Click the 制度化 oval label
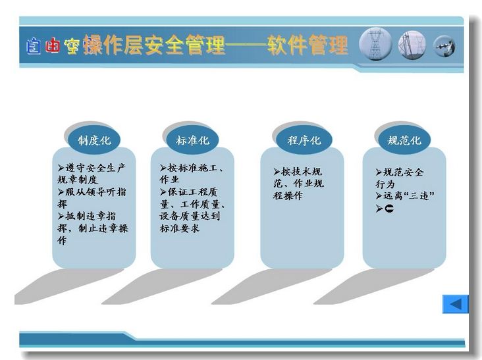(94, 140)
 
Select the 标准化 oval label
(192, 140)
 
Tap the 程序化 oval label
(304, 140)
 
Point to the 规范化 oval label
(404, 140)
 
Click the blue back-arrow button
(455, 304)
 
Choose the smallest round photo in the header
(444, 46)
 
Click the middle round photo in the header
(412, 45)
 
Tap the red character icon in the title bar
(52, 45)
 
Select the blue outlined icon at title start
(33, 46)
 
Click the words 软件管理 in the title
(308, 45)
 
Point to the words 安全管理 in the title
(185, 45)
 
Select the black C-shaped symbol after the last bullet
(389, 209)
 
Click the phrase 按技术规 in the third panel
(302, 171)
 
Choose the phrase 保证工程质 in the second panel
(192, 192)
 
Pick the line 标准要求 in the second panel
(180, 228)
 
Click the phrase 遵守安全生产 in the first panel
(95, 168)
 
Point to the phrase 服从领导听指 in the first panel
(95, 192)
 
